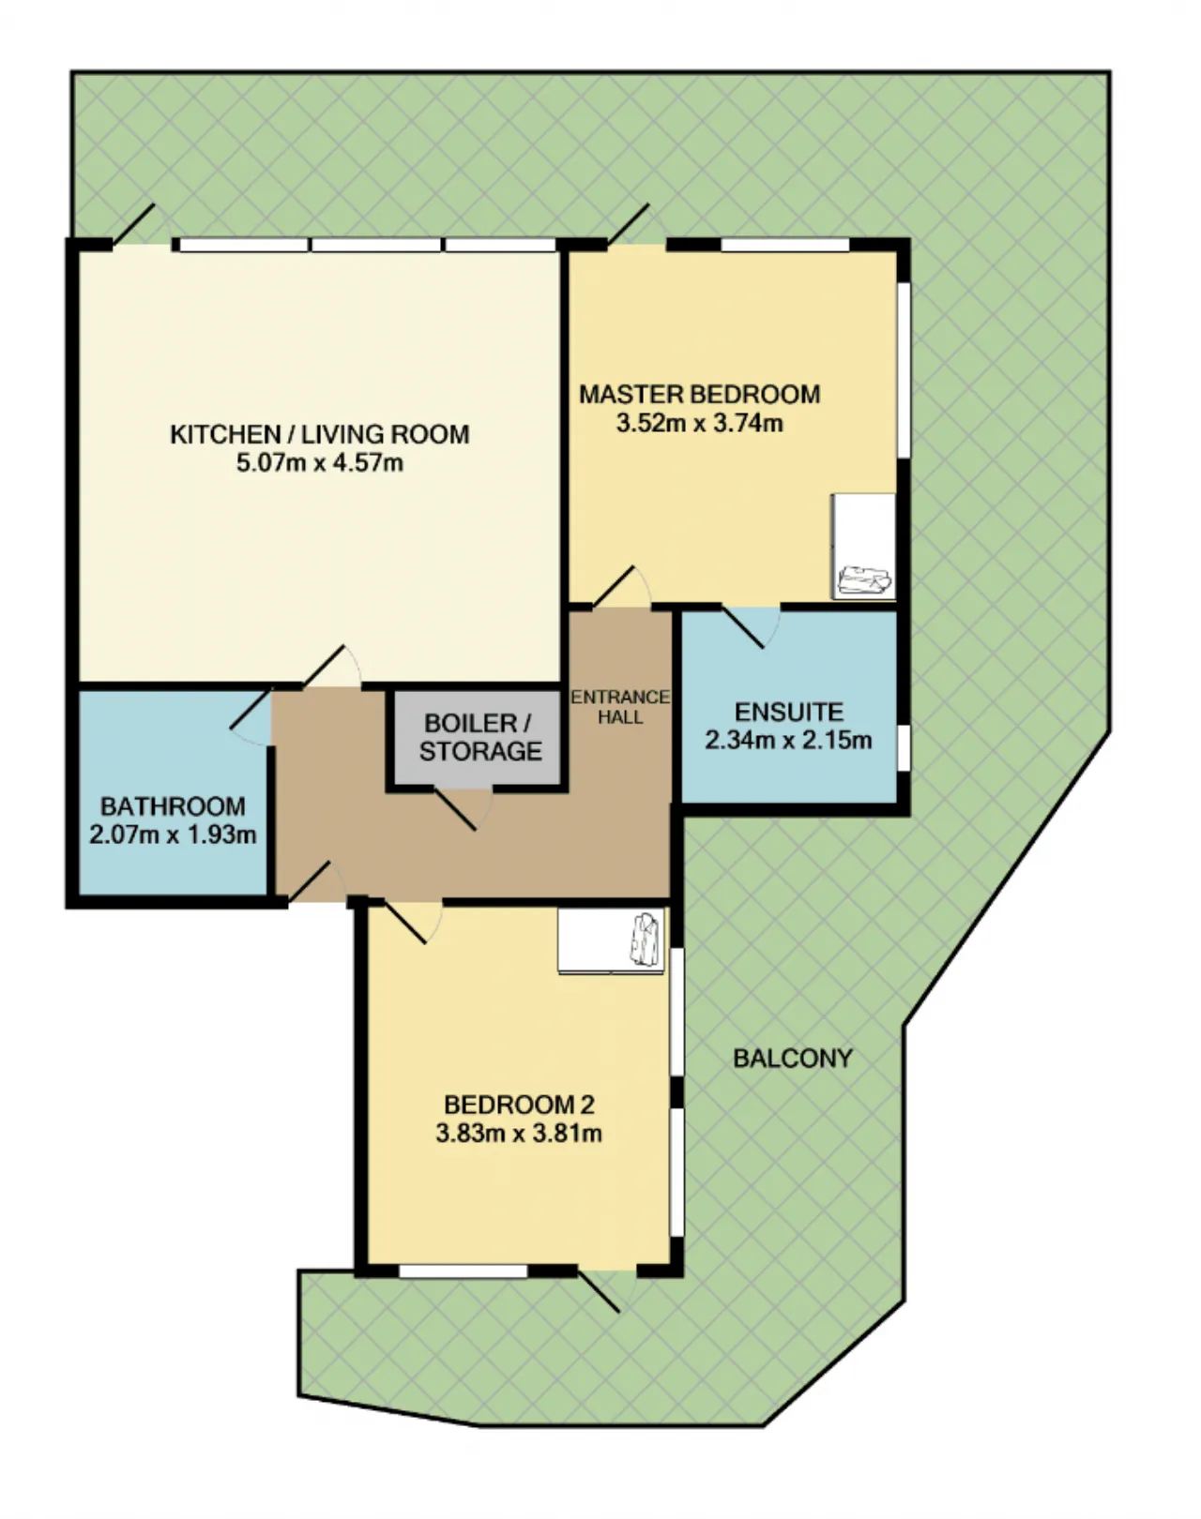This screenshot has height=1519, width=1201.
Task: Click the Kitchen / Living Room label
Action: (x=320, y=434)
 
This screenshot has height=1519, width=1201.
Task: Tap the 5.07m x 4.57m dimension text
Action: (x=320, y=464)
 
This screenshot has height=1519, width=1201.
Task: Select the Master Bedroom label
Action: (x=700, y=394)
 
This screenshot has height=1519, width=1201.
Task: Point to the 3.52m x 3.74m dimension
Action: (x=700, y=424)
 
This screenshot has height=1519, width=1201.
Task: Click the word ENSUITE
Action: (x=789, y=712)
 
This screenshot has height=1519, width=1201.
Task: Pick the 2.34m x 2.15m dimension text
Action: (x=788, y=741)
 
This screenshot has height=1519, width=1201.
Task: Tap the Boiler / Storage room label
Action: (x=480, y=737)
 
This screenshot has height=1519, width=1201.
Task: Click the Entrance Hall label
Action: (x=620, y=707)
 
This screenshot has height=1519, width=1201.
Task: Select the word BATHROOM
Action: (x=173, y=806)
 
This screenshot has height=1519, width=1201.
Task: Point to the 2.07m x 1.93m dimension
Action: (x=173, y=835)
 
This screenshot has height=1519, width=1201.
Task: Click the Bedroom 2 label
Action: (x=519, y=1105)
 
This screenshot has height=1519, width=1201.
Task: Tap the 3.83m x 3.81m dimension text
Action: (x=519, y=1135)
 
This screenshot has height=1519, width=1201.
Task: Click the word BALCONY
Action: (x=793, y=1058)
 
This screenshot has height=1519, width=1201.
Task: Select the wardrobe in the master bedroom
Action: (x=864, y=547)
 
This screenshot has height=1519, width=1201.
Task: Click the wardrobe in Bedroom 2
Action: (x=612, y=940)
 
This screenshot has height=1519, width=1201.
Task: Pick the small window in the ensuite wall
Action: (x=904, y=747)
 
